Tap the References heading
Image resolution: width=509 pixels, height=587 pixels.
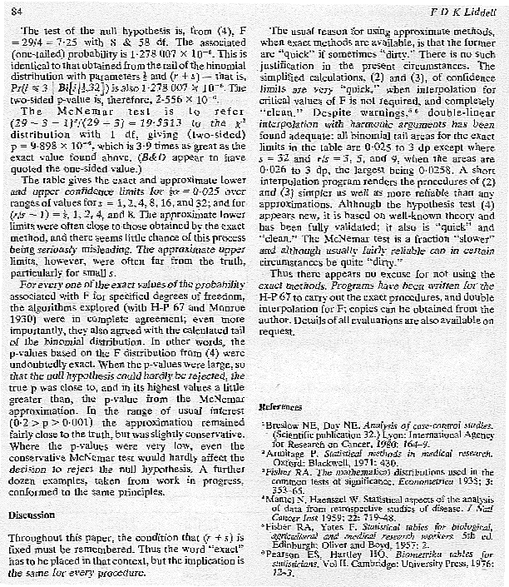coord(279,407)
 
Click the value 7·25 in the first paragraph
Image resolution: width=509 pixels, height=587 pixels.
coord(72,41)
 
